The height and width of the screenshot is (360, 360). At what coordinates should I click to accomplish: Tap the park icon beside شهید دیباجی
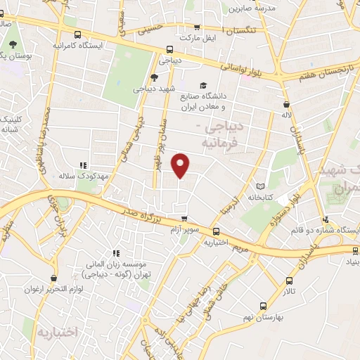pyautogui.click(x=155, y=77)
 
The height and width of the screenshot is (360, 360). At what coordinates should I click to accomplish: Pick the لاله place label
pyautogui.click(x=286, y=114)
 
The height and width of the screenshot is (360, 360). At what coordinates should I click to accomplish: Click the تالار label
pyautogui.click(x=290, y=290)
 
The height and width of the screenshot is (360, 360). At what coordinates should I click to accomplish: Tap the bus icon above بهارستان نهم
pyautogui.click(x=263, y=305)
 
